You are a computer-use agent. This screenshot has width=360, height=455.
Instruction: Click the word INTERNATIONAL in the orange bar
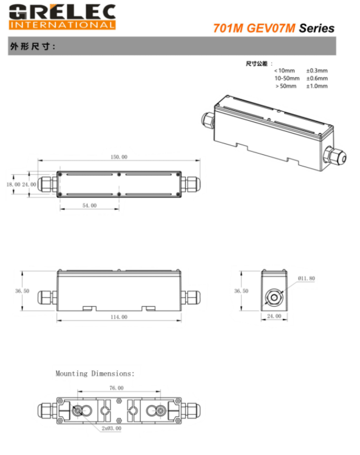(x=61, y=25)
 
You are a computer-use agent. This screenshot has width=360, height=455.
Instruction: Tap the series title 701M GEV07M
(x=253, y=28)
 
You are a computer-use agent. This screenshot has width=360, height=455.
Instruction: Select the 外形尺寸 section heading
(x=33, y=46)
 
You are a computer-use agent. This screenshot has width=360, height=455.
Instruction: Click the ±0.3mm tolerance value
(x=316, y=70)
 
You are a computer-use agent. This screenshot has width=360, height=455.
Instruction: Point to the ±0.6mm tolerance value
(x=316, y=78)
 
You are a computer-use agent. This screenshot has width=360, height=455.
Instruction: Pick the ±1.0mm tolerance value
(x=316, y=86)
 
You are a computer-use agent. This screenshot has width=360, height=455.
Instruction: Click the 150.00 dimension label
(x=118, y=157)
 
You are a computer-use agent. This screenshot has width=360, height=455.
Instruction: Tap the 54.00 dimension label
(x=89, y=206)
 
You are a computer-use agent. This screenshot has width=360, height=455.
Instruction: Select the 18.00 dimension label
(x=13, y=183)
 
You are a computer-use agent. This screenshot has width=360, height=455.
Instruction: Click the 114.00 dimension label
(x=118, y=316)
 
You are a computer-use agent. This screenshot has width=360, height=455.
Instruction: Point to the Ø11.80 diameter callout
(x=307, y=278)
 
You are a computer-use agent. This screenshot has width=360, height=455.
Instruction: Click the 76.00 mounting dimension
(x=116, y=388)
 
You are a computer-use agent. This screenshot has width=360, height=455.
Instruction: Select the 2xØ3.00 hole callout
(x=112, y=428)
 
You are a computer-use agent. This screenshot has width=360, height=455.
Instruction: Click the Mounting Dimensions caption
(x=95, y=374)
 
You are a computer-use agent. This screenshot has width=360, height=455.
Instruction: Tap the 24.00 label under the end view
(x=274, y=316)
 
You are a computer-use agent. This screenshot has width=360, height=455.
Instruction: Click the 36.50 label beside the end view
(x=241, y=291)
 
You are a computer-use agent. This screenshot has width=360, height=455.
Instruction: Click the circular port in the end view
(x=274, y=296)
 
